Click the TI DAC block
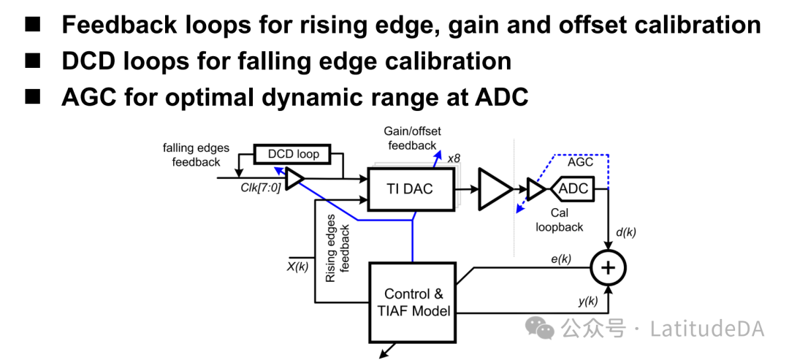click(409, 189)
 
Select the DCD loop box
click(292, 154)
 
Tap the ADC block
click(573, 189)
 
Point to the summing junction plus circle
click(609, 269)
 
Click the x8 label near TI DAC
click(454, 158)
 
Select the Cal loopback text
click(560, 220)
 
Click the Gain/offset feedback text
click(412, 138)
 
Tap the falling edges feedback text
click(196, 155)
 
